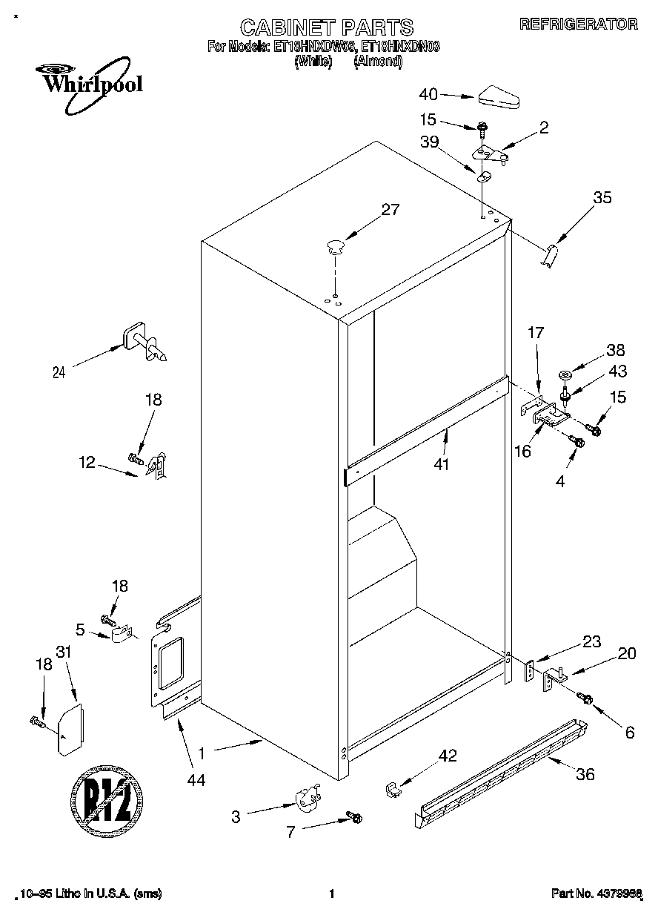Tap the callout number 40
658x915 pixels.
(428, 94)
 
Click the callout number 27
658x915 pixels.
(390, 210)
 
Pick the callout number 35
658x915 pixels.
(602, 197)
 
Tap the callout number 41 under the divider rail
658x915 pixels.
(443, 465)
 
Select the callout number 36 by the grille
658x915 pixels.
(585, 775)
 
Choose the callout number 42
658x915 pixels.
(448, 756)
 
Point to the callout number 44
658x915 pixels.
(196, 779)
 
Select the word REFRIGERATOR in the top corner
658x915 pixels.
(578, 24)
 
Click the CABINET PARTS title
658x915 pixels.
(326, 27)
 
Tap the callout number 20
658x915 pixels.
(627, 653)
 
